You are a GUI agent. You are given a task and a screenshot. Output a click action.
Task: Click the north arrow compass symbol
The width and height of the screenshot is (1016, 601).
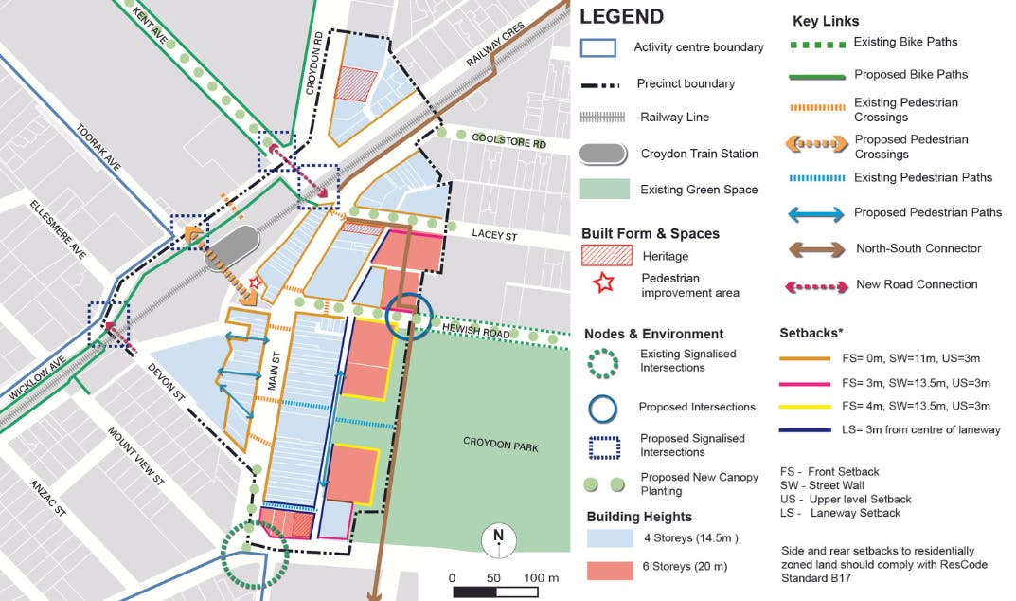coord(498,539)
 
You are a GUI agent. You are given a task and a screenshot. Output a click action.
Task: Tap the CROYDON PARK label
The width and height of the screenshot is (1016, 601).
coord(500,442)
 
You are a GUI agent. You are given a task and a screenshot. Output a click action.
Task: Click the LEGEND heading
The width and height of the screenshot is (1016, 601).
coord(621,17)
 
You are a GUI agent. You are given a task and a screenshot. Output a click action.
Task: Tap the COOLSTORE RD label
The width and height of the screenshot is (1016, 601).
coord(510,139)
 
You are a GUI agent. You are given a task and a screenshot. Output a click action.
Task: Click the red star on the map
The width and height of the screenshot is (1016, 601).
coord(254,282)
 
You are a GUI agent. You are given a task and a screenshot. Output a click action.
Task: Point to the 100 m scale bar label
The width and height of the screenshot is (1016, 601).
coord(541,578)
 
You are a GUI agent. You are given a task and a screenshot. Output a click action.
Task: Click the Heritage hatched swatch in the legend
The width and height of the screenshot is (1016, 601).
coord(605,255)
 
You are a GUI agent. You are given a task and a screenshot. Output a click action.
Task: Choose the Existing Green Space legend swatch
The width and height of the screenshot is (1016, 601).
coord(604,190)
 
